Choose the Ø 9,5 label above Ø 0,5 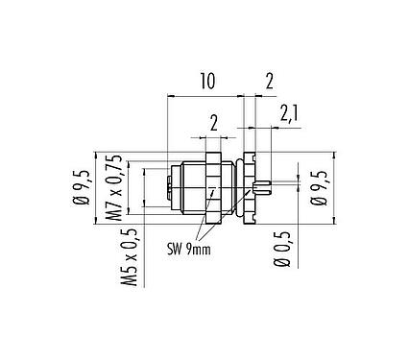(x=318, y=188)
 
